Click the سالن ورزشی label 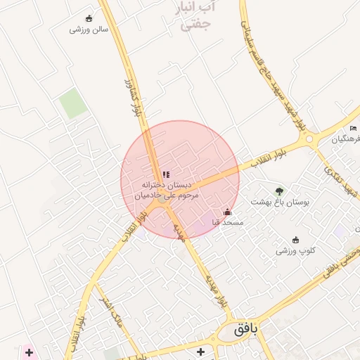(x=89, y=30)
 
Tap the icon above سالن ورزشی (x=89, y=19)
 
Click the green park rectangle (x=73, y=104)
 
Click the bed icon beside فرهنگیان (x=353, y=128)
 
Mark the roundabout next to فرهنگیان (x=308, y=141)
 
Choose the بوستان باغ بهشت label (x=281, y=202)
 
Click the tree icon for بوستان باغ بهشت (x=280, y=191)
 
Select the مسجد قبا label (x=227, y=222)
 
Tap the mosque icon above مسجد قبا (x=227, y=211)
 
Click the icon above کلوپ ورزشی (x=295, y=239)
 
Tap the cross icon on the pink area (x=29, y=352)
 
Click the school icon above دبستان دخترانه (x=166, y=174)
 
